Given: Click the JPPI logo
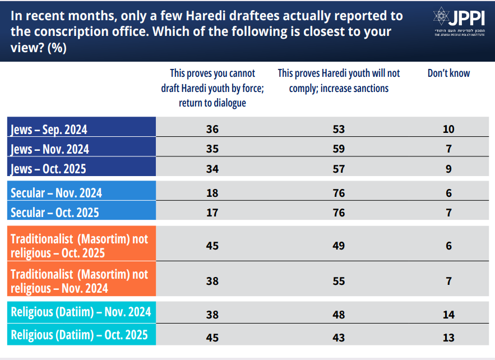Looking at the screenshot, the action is click(459, 21).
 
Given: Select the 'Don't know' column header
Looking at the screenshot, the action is click(448, 73).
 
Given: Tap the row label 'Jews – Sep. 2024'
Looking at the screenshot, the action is click(49, 130).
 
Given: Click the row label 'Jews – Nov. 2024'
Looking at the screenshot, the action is click(50, 149).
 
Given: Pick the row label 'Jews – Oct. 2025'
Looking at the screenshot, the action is click(48, 169).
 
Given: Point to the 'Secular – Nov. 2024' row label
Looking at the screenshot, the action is click(56, 193).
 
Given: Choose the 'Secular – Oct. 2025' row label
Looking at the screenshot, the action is click(55, 212).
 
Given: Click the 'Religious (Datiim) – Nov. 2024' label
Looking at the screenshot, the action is click(81, 312).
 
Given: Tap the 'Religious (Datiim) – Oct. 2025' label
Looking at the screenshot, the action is click(79, 335).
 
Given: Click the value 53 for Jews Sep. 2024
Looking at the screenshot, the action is click(339, 129).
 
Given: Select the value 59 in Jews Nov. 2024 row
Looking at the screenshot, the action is click(339, 149).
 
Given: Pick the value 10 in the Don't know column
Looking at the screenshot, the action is click(448, 129).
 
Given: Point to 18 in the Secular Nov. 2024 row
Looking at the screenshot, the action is click(212, 193).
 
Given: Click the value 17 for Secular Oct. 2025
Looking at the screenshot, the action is click(212, 213).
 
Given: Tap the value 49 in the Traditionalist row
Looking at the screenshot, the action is click(339, 246).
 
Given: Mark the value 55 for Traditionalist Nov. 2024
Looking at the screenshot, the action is click(339, 281).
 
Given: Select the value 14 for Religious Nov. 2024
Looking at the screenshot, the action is click(448, 315).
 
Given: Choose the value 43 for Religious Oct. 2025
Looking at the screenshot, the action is click(339, 338).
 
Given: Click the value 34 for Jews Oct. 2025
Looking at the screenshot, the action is click(212, 169).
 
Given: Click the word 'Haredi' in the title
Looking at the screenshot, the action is click(206, 16).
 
